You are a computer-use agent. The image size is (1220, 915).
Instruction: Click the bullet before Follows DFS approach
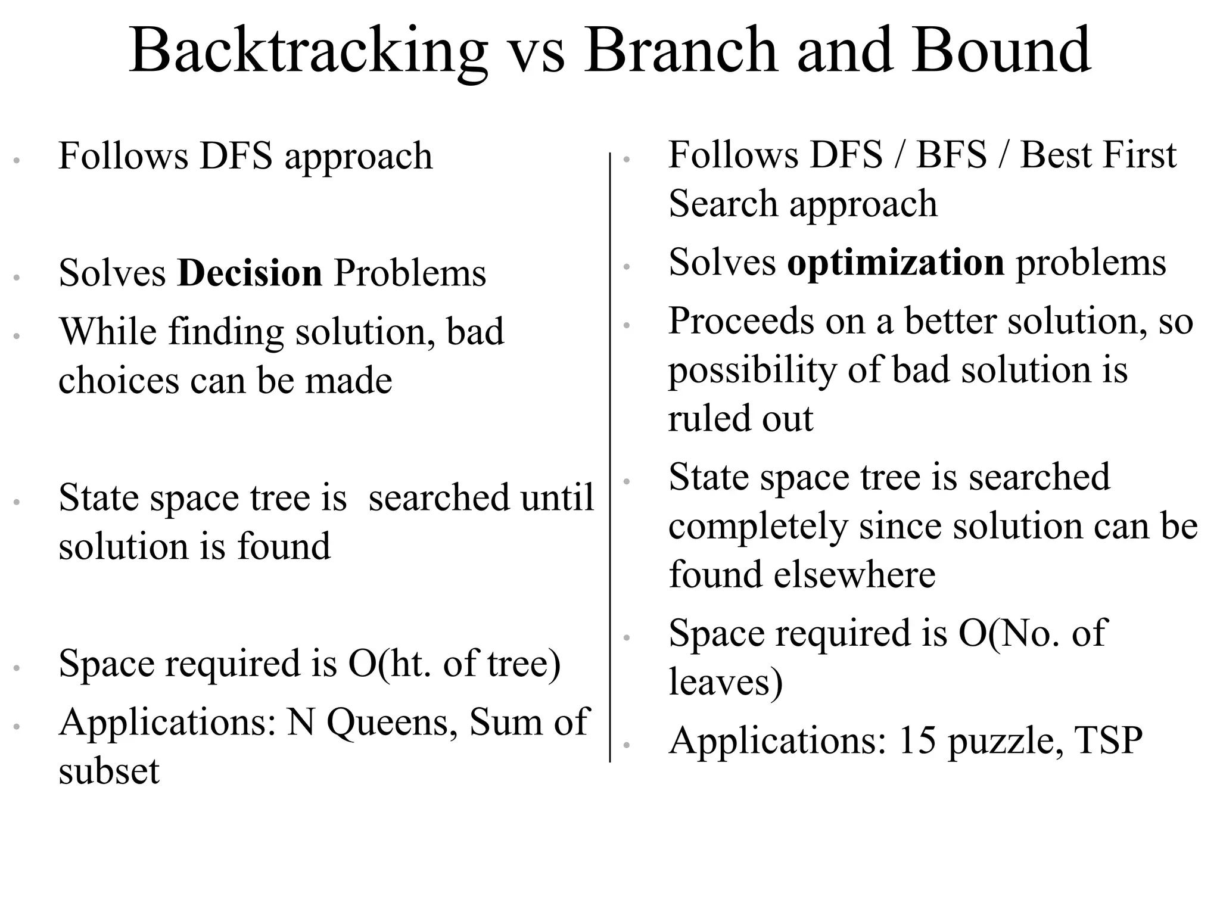(17, 160)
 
